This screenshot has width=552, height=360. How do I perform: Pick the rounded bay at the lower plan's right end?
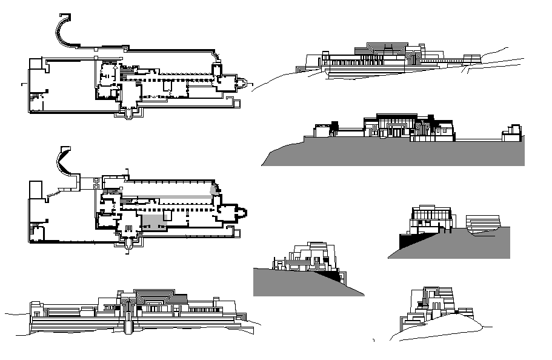(x=241, y=213)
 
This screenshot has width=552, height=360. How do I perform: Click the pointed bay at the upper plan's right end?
(x=242, y=82)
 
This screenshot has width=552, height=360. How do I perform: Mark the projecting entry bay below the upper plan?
(x=129, y=114)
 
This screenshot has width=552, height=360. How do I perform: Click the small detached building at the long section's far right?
(x=511, y=133)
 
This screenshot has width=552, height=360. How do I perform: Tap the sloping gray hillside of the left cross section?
(x=297, y=282)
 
